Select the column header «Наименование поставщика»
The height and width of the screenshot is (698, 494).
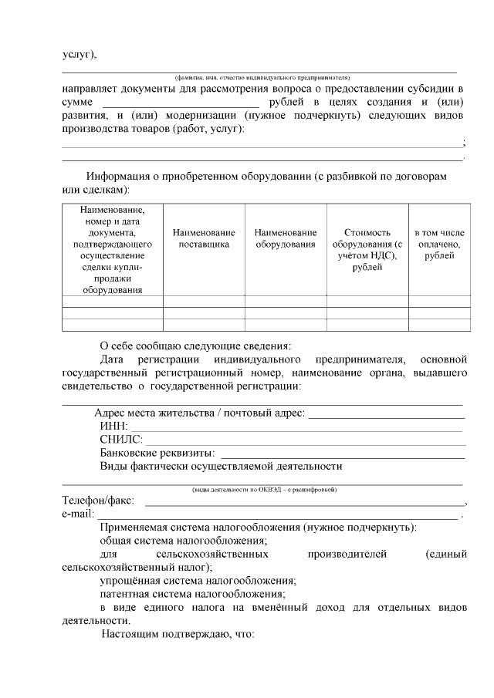[204, 238]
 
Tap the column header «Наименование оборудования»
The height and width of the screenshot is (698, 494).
[286, 238]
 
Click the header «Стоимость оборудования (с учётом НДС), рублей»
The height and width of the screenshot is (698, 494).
[367, 249]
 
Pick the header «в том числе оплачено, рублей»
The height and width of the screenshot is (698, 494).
[439, 244]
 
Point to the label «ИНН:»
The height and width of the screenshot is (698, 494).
[113, 427]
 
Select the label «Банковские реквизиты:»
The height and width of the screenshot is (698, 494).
[157, 453]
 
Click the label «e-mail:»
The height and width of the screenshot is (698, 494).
[77, 514]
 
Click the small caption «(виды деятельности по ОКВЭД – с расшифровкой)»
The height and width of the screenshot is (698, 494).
[263, 490]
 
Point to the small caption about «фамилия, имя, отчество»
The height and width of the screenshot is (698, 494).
[262, 77]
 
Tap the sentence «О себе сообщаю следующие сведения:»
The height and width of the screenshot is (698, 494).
[196, 346]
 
